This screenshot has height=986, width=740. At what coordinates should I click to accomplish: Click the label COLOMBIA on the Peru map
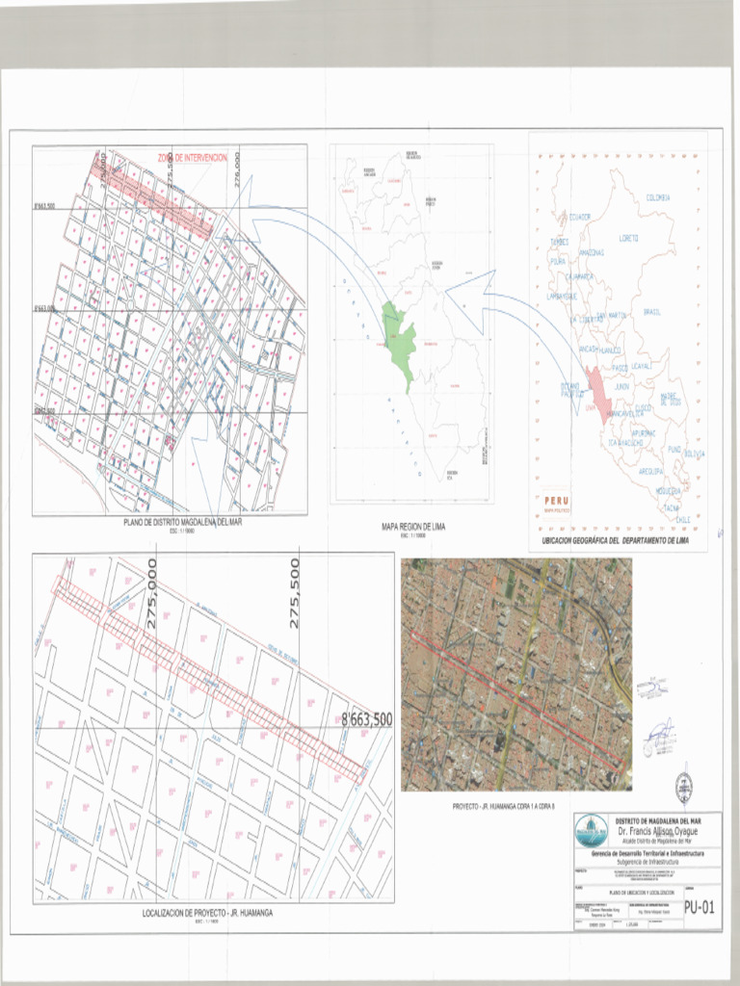pyautogui.click(x=658, y=197)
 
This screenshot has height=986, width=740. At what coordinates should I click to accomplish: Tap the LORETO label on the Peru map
pyautogui.click(x=628, y=237)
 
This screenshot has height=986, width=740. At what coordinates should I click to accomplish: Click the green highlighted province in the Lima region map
pyautogui.click(x=399, y=342)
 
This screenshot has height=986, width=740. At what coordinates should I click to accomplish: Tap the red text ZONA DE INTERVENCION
pyautogui.click(x=192, y=157)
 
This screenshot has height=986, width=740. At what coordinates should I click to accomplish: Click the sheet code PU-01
pyautogui.click(x=700, y=908)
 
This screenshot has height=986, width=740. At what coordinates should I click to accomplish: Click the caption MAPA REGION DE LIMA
pyautogui.click(x=411, y=528)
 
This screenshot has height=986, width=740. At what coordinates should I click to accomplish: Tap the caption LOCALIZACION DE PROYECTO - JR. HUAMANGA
pyautogui.click(x=207, y=913)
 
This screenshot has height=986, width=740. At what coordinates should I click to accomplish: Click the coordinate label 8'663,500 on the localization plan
pyautogui.click(x=366, y=719)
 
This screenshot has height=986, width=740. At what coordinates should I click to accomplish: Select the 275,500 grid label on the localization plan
pyautogui.click(x=295, y=593)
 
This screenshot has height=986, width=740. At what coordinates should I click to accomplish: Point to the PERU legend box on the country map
pyautogui.click(x=556, y=504)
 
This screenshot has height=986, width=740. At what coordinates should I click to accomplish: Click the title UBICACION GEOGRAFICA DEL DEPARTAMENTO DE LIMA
pyautogui.click(x=615, y=542)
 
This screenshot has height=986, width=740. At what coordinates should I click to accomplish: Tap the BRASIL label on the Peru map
pyautogui.click(x=651, y=312)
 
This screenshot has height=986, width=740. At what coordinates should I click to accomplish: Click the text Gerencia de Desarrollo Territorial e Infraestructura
pyautogui.click(x=647, y=853)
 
